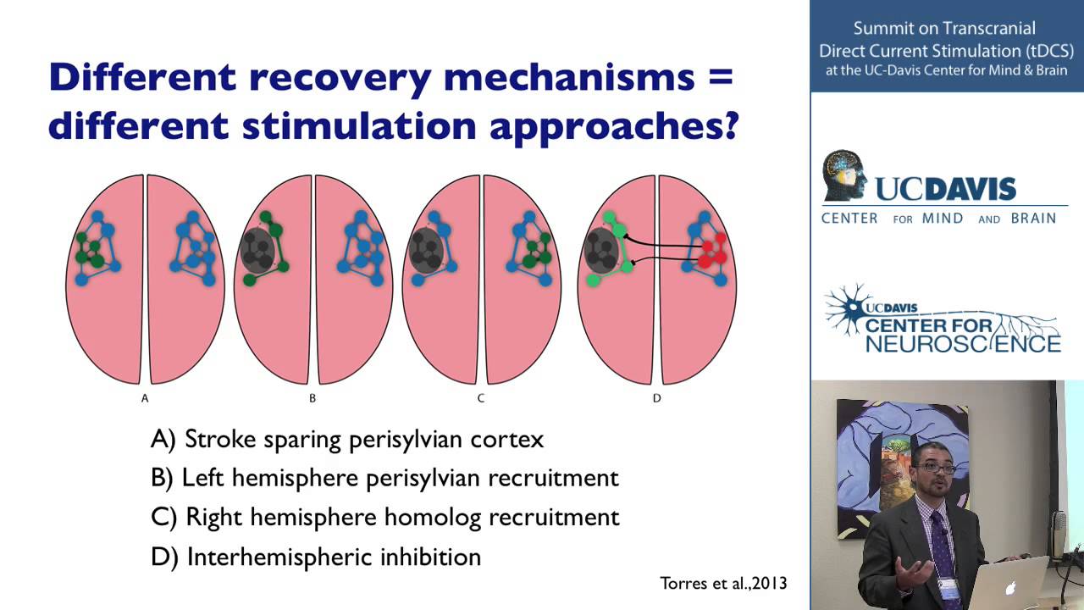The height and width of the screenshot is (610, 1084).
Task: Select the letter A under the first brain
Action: click(x=145, y=398)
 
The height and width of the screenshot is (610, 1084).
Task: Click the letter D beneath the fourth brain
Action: click(x=656, y=398)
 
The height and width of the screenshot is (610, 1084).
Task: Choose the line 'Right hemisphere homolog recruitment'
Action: click(x=385, y=517)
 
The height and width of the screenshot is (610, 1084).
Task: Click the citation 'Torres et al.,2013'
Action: click(x=723, y=583)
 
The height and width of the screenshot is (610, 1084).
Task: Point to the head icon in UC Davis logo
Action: click(x=845, y=175)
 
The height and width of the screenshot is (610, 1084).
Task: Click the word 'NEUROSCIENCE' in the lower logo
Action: click(x=963, y=343)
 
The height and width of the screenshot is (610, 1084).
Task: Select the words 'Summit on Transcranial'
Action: click(x=945, y=29)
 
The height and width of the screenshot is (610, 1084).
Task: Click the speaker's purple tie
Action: click(x=943, y=551)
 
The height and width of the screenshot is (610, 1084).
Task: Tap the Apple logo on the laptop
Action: click(x=1009, y=587)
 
